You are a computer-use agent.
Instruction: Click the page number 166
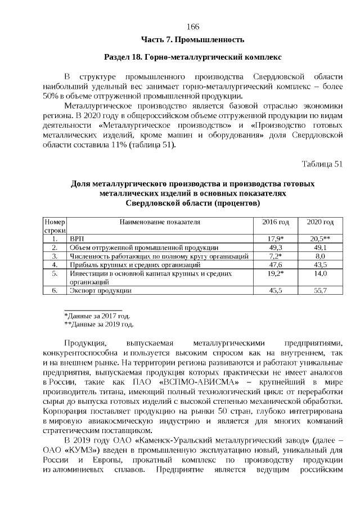click(192, 27)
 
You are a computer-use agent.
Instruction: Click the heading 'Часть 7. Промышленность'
click(192, 39)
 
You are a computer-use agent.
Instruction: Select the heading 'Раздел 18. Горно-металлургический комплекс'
click(192, 58)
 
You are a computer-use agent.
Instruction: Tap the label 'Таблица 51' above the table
click(322, 164)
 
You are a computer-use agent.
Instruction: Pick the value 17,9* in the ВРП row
click(276, 239)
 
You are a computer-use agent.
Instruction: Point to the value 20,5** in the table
click(320, 239)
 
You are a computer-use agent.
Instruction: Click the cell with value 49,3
click(276, 247)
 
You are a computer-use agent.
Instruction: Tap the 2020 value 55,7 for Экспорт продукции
click(320, 290)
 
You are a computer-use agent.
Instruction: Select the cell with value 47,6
click(276, 264)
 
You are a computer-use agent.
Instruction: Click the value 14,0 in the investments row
click(320, 273)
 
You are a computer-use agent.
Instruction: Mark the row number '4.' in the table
click(55, 264)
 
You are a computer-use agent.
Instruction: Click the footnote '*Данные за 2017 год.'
click(97, 316)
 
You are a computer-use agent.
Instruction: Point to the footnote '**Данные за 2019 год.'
click(98, 324)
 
